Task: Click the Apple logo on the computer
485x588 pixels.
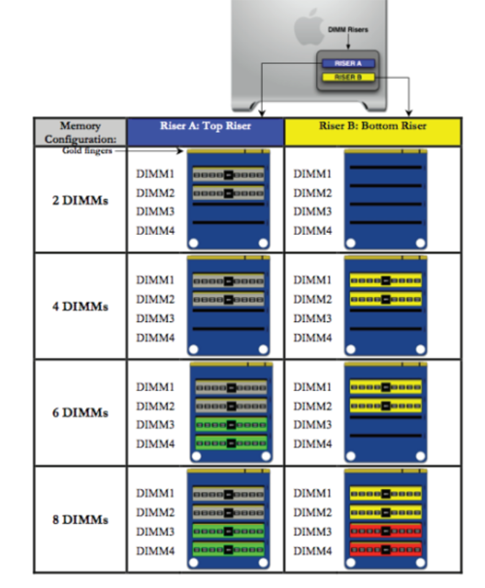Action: point(308,27)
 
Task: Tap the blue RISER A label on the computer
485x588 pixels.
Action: point(348,63)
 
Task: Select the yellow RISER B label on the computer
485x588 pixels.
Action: point(348,78)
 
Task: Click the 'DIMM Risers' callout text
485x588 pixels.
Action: point(348,30)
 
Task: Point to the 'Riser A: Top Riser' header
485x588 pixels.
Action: point(206,126)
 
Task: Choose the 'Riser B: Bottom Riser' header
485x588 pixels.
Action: point(372,126)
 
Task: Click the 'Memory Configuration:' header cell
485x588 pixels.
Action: point(81,132)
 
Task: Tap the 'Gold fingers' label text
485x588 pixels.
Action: point(87,150)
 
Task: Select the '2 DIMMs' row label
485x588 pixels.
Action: point(81,200)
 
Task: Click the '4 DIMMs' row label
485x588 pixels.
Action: point(81,307)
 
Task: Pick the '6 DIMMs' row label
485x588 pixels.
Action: point(81,412)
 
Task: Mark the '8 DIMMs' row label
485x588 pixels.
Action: point(81,519)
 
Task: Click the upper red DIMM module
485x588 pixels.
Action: point(386,531)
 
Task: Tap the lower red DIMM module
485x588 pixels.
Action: point(386,550)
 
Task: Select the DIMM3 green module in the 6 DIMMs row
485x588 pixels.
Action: point(231,424)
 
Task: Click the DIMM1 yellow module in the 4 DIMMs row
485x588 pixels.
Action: point(386,280)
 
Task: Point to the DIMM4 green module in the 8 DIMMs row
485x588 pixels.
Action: point(228,550)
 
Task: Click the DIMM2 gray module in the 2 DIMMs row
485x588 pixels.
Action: point(228,193)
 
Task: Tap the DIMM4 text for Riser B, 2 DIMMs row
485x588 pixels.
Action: point(312,230)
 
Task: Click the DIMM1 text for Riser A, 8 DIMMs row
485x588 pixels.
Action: point(155,493)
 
